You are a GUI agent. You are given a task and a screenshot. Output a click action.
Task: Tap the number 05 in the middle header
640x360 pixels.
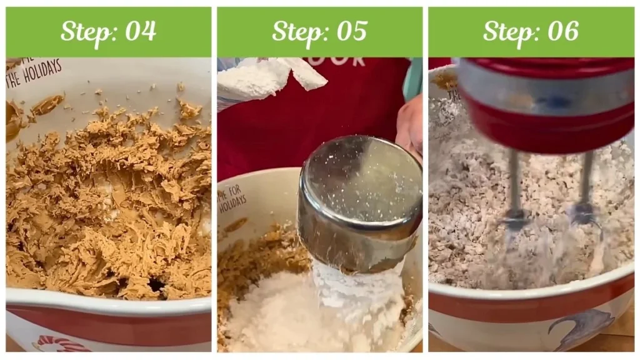(x=351, y=31)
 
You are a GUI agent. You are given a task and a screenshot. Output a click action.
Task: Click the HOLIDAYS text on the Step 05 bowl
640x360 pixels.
(x=232, y=203)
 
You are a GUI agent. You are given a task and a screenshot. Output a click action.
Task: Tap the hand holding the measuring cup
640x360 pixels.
(x=410, y=125)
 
